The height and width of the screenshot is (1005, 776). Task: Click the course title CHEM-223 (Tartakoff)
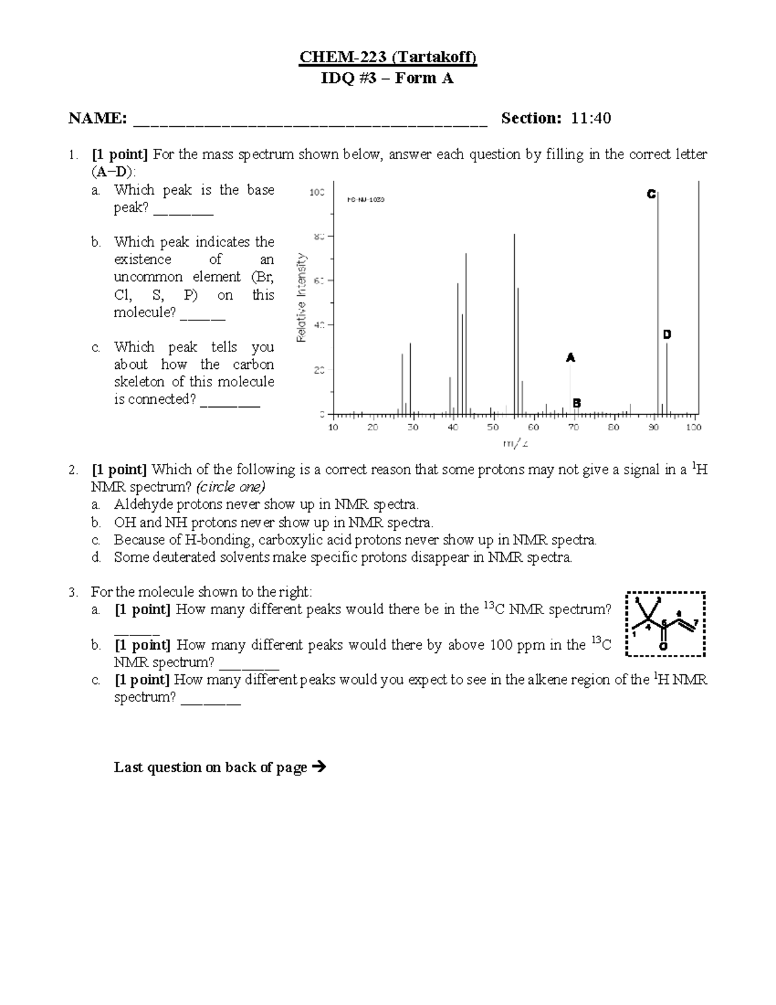click(387, 58)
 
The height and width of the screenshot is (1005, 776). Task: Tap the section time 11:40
click(591, 118)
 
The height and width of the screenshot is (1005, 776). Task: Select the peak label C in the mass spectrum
click(651, 194)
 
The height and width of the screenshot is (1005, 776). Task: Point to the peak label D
click(667, 335)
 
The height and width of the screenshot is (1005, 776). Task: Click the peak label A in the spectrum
click(570, 357)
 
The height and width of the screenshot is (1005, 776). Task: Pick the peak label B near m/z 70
click(576, 403)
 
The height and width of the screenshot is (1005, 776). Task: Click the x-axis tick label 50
click(493, 427)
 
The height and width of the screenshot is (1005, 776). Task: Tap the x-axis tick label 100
click(693, 427)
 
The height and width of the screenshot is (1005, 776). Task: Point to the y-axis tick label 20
click(318, 370)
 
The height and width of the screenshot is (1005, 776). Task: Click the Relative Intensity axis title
click(301, 297)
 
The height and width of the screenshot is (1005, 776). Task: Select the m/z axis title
click(515, 443)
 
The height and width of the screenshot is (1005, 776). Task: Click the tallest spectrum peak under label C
click(658, 304)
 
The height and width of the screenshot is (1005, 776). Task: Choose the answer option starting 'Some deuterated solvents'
click(343, 557)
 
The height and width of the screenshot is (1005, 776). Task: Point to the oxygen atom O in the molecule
click(663, 646)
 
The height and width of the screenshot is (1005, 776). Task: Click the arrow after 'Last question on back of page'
click(318, 768)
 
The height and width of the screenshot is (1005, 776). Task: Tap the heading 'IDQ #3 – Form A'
click(387, 78)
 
